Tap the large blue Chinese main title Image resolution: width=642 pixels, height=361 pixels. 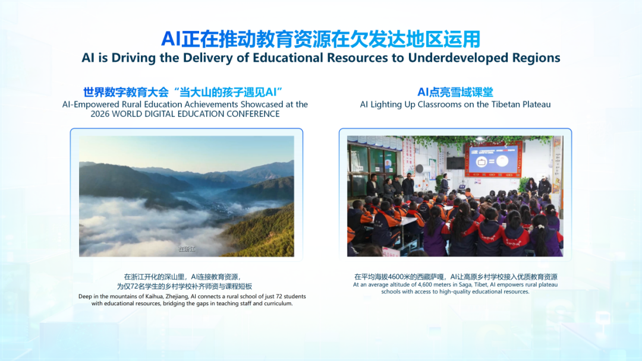click(x=320, y=39)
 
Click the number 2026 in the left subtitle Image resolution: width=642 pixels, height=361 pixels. click(x=100, y=114)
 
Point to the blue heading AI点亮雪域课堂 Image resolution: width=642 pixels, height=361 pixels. click(x=455, y=93)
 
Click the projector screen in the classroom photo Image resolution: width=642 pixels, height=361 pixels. click(x=494, y=159)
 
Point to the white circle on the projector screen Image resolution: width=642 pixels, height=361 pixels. click(x=502, y=161)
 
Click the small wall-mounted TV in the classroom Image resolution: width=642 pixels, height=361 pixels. click(x=455, y=163)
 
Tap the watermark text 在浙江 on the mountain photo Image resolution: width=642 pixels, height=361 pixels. click(x=187, y=249)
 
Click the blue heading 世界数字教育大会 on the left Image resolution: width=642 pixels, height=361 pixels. click(x=126, y=93)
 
